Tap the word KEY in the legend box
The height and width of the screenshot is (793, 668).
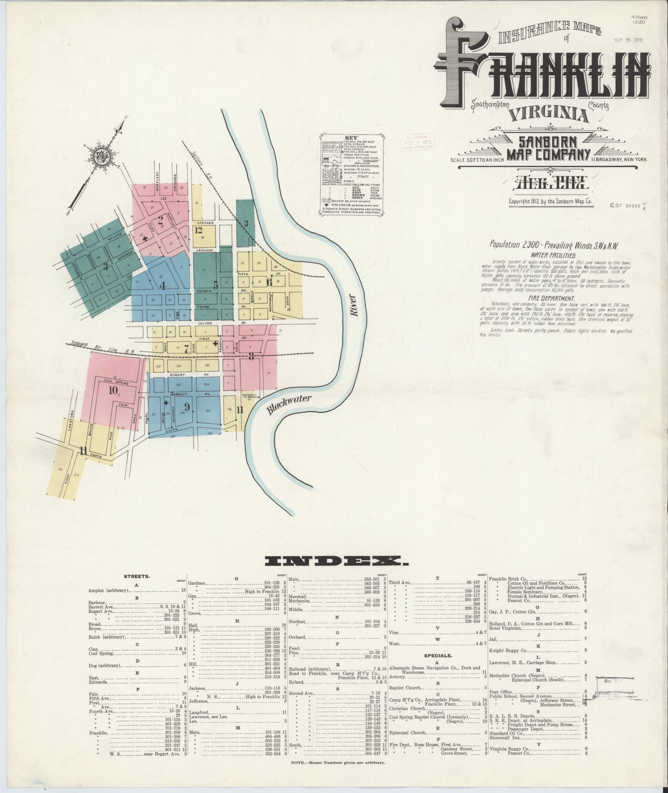coord(349,138)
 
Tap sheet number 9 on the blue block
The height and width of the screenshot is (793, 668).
coord(187,407)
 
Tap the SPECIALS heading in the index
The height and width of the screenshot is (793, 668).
coord(437,655)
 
